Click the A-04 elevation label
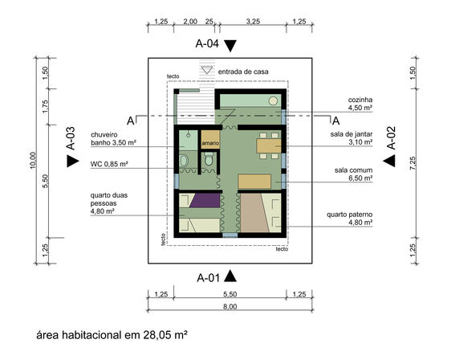coord(207,43)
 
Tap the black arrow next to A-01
coord(230,276)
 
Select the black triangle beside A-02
coord(389,161)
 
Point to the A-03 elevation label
coord(71,138)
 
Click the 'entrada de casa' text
coord(243,72)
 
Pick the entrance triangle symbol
coord(207,70)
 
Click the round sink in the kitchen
coord(273,100)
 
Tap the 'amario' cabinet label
coord(210,143)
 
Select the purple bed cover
coord(205,200)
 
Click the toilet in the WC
coord(209,158)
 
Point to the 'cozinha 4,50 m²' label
coord(360,104)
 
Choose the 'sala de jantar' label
coord(351,134)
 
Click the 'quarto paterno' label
coord(349,215)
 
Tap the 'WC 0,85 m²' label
coord(109,164)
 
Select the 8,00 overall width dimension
coord(230,306)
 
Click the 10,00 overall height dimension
coord(33,160)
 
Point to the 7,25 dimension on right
coord(412,163)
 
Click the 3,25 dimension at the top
coord(253,22)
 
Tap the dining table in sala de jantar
coord(269,145)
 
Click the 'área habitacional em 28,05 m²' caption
coord(112,335)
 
